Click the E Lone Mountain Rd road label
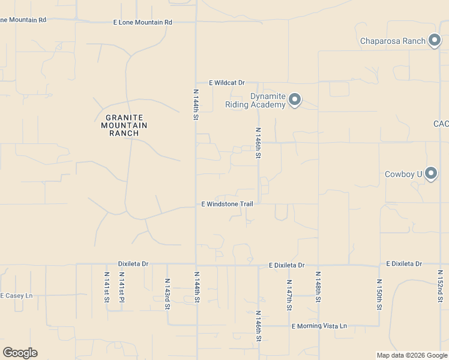[142, 22]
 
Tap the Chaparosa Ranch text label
[393, 41]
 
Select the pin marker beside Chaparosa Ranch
[435, 41]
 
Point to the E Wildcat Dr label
[227, 83]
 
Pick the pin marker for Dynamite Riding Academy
[294, 100]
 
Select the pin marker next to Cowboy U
[430, 174]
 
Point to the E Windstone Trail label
[227, 204]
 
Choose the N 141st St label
[106, 287]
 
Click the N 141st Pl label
[121, 287]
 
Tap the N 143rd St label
[167, 293]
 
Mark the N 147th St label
[289, 295]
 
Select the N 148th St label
[318, 287]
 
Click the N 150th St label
[379, 294]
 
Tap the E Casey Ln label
[16, 296]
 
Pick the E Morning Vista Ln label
[319, 326]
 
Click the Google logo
[20, 353]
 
